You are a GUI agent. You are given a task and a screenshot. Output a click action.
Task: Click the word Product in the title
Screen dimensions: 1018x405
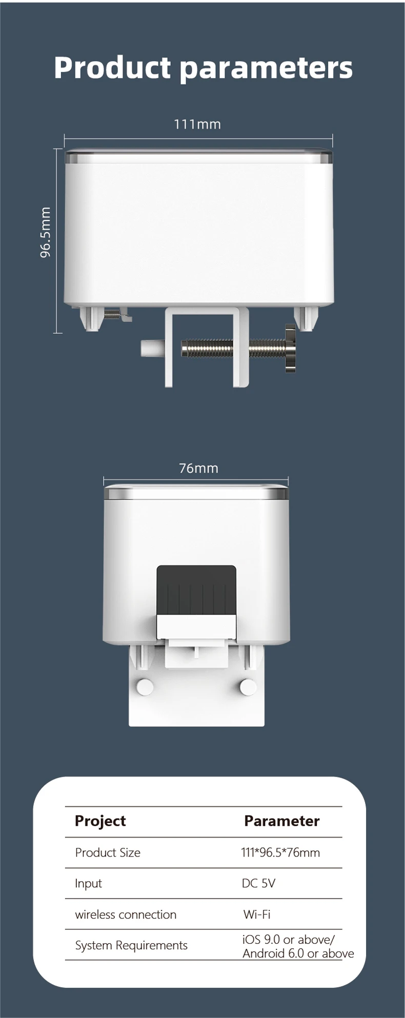(112, 68)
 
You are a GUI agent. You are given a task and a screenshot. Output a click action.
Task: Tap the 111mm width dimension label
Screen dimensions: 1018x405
(197, 125)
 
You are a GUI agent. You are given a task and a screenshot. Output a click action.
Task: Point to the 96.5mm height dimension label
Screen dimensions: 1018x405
(46, 232)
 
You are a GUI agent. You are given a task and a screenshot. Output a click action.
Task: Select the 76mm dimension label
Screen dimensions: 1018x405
(198, 468)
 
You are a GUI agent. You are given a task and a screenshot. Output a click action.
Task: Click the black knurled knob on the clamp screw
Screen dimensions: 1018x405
(290, 349)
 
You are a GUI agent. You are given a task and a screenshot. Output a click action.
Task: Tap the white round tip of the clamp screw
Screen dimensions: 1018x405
(148, 348)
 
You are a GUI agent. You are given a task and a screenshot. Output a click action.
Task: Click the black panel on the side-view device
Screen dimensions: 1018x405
(196, 589)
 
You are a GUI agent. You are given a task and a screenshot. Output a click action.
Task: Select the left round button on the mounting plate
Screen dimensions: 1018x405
(145, 687)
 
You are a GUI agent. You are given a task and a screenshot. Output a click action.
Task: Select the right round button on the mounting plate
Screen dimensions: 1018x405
(248, 687)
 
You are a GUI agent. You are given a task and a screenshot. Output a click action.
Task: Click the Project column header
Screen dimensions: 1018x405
(100, 821)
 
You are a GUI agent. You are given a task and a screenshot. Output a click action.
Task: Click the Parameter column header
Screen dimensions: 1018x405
(281, 821)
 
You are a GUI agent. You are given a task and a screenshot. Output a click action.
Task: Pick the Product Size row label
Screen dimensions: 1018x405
(108, 852)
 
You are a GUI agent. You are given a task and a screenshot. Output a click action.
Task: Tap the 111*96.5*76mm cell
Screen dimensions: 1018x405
(280, 852)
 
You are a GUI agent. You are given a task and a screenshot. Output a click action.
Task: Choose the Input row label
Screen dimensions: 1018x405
(88, 883)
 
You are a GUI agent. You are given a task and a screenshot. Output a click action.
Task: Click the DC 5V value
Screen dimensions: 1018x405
(258, 883)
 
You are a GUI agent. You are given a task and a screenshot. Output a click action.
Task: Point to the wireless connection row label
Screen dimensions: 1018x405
(126, 914)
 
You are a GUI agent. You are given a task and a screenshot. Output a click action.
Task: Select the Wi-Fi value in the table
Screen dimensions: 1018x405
(256, 914)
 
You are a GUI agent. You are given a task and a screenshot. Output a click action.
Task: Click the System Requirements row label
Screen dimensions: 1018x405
(131, 945)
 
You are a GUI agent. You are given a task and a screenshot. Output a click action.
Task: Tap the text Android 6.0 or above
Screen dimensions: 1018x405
(298, 953)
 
